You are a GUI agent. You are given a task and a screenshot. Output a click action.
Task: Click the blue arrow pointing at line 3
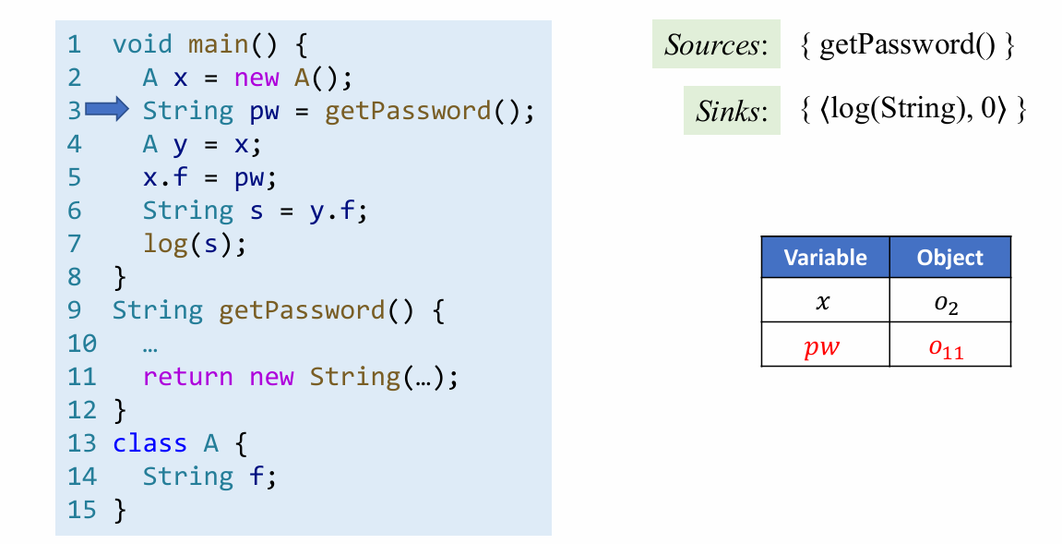[106, 111]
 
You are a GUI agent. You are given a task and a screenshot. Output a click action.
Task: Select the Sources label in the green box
[716, 45]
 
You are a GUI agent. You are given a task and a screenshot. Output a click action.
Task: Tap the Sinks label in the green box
[732, 112]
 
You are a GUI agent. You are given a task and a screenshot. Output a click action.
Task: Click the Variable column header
[825, 258]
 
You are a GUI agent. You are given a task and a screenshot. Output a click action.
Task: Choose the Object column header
[950, 258]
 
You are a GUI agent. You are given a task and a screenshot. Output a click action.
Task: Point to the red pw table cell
[825, 346]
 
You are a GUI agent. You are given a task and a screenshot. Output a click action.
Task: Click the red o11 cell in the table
[950, 347]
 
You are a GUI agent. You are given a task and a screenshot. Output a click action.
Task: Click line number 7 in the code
[75, 244]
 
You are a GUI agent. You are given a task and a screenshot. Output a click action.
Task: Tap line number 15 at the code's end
[81, 510]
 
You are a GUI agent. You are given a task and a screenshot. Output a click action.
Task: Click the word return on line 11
[187, 377]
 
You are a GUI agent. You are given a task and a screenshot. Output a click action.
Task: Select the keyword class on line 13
[149, 443]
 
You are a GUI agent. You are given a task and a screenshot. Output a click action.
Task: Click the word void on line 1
[142, 44]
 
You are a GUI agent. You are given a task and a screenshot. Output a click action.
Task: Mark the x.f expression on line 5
[165, 177]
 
